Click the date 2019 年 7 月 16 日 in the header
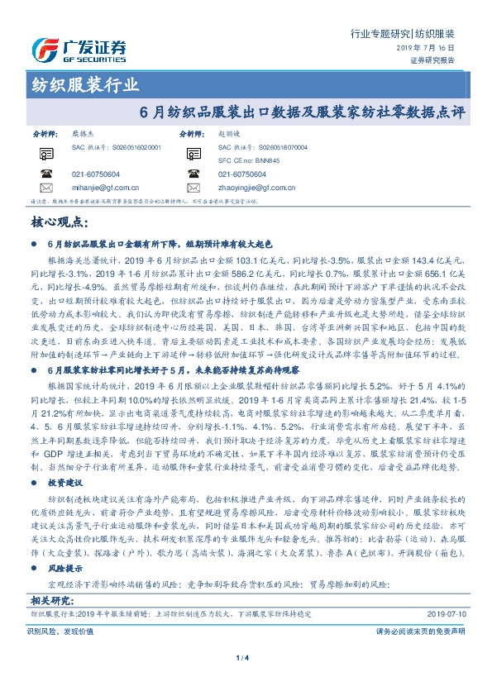coord(430,50)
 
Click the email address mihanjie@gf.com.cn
coord(108,188)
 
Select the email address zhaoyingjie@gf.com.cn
coord(260,188)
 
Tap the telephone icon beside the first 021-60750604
coord(45,174)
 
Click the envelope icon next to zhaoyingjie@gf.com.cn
coord(192,188)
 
